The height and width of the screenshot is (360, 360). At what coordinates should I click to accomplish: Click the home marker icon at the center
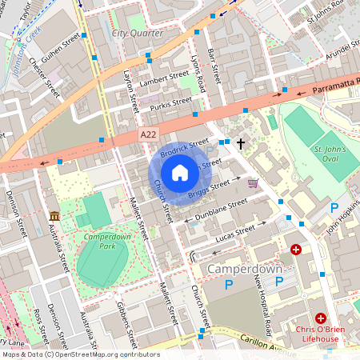click(x=180, y=172)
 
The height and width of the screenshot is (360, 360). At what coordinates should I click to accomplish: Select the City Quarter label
click(x=138, y=34)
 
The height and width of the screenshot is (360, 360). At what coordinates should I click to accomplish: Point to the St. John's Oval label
click(x=329, y=154)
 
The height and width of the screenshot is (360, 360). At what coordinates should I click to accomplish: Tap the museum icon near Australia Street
click(x=54, y=217)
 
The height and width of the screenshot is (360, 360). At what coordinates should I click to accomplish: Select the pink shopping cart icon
click(x=253, y=183)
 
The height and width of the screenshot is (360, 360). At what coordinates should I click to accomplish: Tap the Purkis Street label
click(x=170, y=102)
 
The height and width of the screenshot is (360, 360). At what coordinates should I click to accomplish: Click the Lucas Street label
click(x=235, y=234)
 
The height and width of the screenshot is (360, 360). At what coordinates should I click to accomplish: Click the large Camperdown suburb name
click(x=245, y=270)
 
